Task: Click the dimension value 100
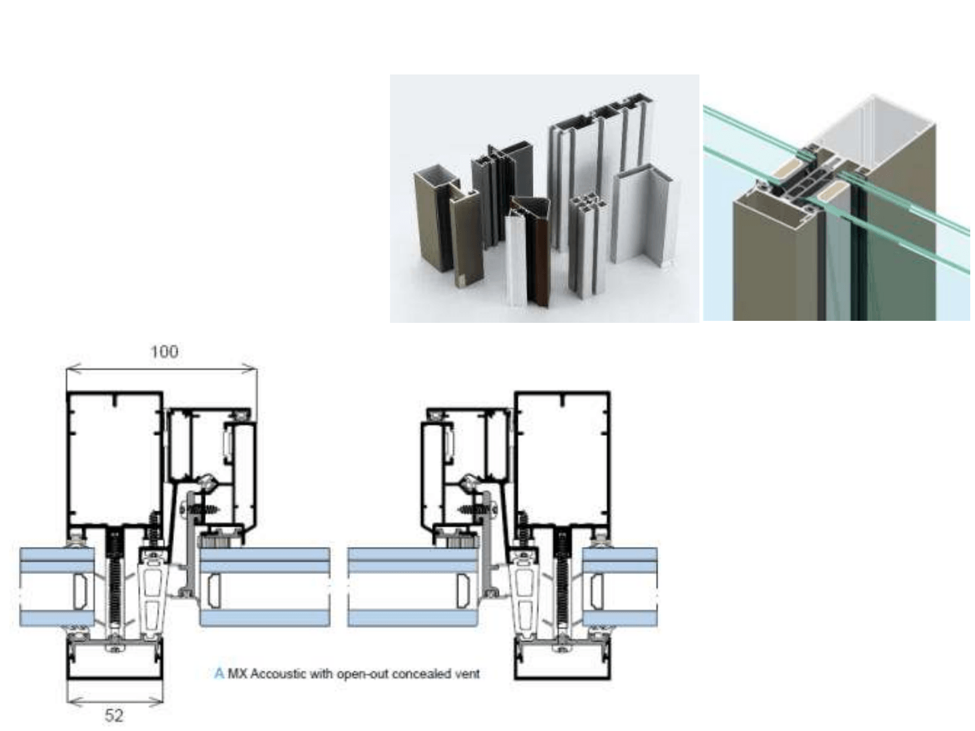point(165,352)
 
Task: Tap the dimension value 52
point(114,715)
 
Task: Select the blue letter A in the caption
point(219,673)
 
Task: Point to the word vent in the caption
point(467,673)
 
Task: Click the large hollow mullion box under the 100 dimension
point(115,460)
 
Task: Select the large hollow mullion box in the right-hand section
point(563,460)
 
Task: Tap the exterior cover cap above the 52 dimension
point(115,661)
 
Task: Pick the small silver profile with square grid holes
point(584,244)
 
